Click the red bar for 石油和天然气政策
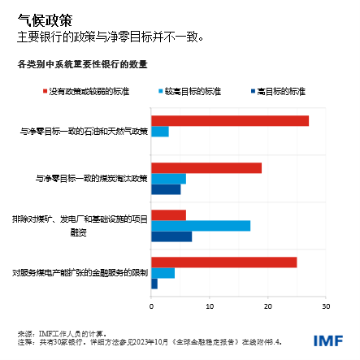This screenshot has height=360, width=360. coord(230,121)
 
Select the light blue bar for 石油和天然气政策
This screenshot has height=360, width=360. coord(160,132)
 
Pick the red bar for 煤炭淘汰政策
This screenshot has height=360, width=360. coord(206,167)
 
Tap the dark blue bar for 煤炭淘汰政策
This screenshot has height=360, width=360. coord(166,189)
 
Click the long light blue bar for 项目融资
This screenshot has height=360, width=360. coord(201,225)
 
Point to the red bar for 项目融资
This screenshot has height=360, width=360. coord(168,215)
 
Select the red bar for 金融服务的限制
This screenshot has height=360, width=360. coord(224,262)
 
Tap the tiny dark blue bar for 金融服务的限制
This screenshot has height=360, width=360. coord(154,284)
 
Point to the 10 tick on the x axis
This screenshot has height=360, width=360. coord(210,306)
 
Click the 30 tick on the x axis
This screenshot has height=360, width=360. coord(325,306)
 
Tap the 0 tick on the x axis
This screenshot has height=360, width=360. coord(152,306)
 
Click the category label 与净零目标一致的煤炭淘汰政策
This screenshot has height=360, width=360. coord(92,178)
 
